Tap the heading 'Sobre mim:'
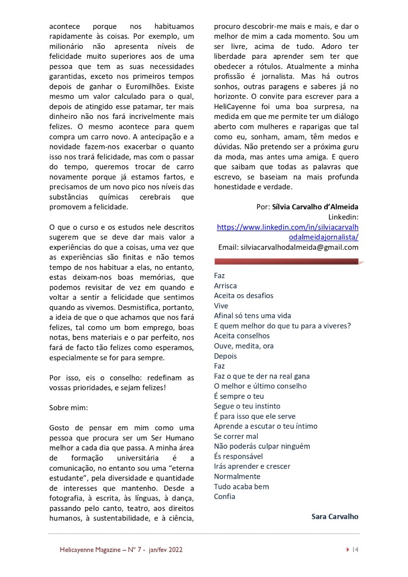click(67, 408)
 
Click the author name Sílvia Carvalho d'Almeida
click(315, 207)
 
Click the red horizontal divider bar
click(287, 261)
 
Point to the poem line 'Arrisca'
click(225, 286)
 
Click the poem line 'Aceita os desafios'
click(243, 296)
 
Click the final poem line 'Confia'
click(224, 496)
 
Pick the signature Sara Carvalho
click(335, 516)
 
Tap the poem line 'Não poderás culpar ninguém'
click(262, 446)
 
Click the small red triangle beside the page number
click(347, 550)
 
